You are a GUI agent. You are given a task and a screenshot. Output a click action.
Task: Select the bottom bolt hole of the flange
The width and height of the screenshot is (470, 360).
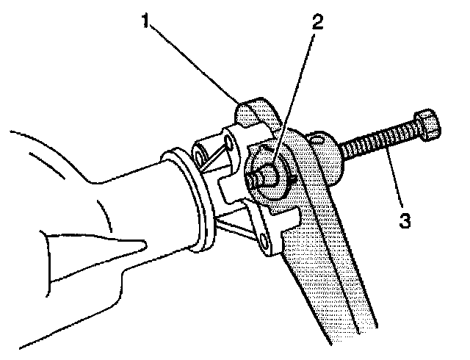point(263,237)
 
